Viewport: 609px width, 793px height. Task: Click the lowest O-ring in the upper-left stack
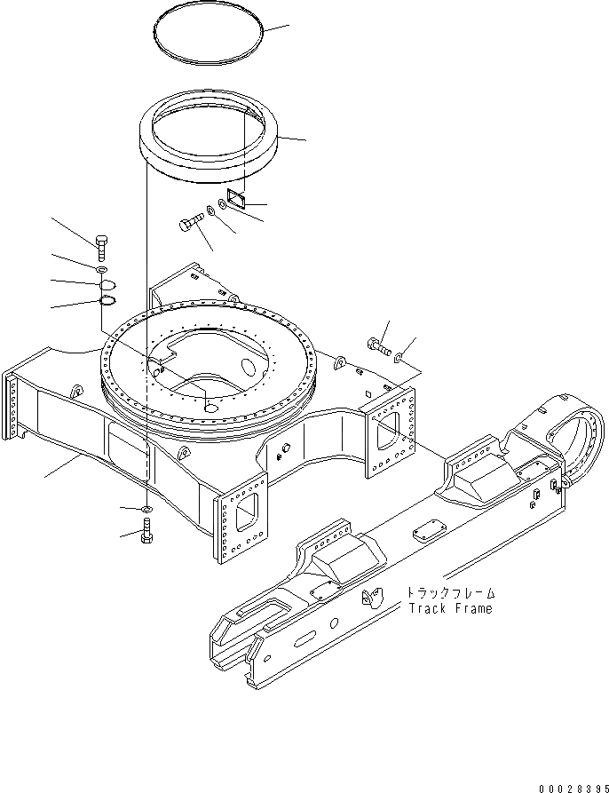105,300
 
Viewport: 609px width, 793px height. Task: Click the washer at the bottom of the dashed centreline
146,508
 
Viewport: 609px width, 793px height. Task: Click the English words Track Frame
450,609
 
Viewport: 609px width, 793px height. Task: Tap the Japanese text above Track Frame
450,593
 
